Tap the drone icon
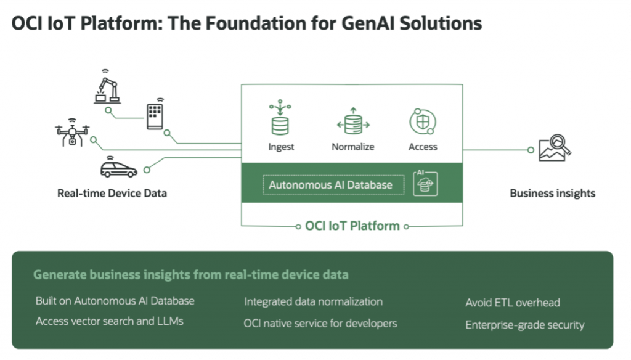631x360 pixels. coord(71,133)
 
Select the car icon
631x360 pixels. coord(118,166)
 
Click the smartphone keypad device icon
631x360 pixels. coord(155,114)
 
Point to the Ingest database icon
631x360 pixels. coord(281,120)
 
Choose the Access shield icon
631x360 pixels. coord(423,121)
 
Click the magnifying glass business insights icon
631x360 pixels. coord(554,147)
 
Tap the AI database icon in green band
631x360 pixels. coord(425,184)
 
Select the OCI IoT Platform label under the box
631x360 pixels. coord(352,226)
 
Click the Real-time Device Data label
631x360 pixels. coord(112,193)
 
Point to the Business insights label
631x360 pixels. coord(552,193)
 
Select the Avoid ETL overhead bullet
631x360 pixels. coord(512,303)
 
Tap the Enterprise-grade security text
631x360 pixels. coord(524,325)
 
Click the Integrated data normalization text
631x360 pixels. coord(313,301)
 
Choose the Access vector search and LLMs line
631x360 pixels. coord(109,321)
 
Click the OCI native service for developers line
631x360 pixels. coord(320,323)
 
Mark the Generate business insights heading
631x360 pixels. coord(190,275)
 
